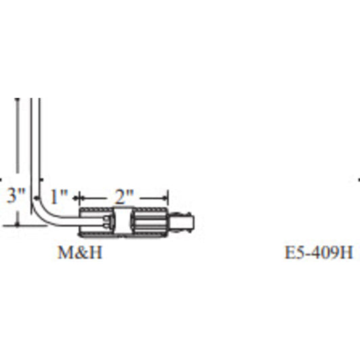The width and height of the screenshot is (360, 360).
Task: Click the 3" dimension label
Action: click(16, 197)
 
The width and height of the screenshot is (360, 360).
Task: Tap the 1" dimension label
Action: click(59, 197)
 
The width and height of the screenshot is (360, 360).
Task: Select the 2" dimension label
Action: click(123, 197)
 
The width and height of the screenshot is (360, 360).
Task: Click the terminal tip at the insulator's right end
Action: click(187, 222)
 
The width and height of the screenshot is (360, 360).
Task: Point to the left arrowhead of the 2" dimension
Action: click(82, 198)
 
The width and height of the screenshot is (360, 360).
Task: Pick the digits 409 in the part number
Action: click(325, 254)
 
